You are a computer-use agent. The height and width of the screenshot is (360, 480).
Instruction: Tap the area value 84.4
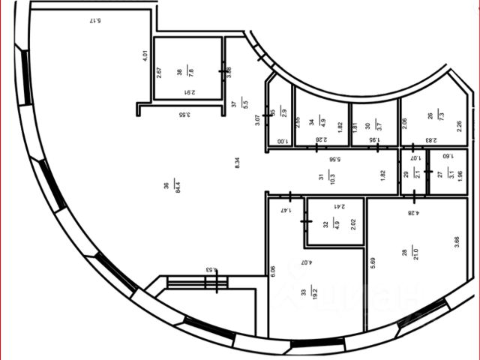[177, 185]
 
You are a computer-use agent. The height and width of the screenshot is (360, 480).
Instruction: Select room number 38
[179, 73]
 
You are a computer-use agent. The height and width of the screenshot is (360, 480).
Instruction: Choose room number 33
[304, 293]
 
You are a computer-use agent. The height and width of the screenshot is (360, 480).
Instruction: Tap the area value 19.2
[315, 293]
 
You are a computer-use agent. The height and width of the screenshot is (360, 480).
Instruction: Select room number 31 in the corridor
[320, 178]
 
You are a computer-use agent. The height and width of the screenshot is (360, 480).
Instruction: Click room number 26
[430, 116]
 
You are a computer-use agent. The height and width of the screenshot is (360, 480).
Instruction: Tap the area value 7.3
[440, 116]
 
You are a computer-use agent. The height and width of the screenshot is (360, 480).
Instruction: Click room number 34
[311, 116]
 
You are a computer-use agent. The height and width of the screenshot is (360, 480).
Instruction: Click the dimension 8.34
[238, 161]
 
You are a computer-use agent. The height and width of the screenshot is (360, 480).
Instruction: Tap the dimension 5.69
[373, 262]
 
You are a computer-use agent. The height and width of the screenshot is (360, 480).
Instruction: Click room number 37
[233, 106]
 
